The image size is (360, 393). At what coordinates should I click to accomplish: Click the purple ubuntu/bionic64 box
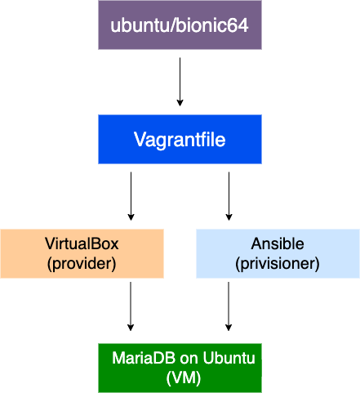click(x=180, y=25)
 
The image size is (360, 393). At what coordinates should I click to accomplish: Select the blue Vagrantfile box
click(x=180, y=139)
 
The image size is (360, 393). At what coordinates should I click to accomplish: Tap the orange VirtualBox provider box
click(x=82, y=253)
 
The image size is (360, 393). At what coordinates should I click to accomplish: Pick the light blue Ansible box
click(x=278, y=253)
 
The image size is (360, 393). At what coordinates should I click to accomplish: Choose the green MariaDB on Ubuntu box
click(x=180, y=368)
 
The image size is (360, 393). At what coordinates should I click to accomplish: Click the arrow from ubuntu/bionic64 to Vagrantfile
click(x=180, y=82)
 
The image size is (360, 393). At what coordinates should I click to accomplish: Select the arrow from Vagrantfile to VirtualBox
click(x=131, y=196)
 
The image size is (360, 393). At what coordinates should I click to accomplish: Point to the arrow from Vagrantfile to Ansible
click(x=229, y=196)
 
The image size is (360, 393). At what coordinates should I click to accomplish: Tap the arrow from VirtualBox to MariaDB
click(x=131, y=306)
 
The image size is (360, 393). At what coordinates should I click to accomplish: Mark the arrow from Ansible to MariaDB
click(x=229, y=306)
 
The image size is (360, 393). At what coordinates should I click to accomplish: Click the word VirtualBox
click(x=82, y=243)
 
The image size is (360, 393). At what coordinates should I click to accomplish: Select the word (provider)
click(x=82, y=264)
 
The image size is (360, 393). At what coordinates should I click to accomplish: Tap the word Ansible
click(x=278, y=243)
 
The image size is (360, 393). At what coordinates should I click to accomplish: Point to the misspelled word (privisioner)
click(x=278, y=264)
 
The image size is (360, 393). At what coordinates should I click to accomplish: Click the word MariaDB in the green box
click(x=144, y=358)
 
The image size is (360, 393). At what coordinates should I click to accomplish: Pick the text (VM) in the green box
click(x=184, y=378)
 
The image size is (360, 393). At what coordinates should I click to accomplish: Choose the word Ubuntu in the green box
click(x=229, y=358)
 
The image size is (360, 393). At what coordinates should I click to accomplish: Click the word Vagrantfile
click(x=180, y=140)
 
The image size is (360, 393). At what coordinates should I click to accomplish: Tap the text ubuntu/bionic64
click(x=180, y=25)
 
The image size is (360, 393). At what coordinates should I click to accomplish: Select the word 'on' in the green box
click(x=189, y=359)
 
